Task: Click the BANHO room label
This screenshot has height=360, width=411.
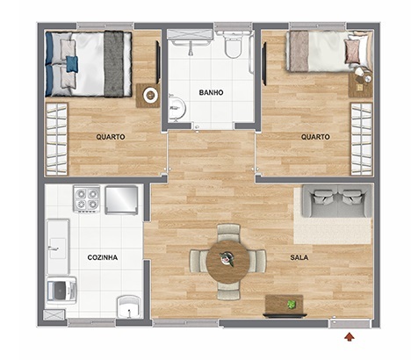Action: pos(211,92)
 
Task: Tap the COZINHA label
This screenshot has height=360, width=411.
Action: pos(103,257)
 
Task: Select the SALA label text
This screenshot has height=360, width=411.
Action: pos(299,257)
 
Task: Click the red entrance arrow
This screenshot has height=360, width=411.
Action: pos(350,336)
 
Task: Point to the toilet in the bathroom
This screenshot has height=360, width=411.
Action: pos(233,44)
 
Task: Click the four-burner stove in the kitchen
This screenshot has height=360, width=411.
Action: pos(87,199)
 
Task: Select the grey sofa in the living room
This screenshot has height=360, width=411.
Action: pos(337,201)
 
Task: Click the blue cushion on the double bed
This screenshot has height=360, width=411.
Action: pos(72,64)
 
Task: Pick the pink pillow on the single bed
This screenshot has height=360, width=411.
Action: pos(352,51)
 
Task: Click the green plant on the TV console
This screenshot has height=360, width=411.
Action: pos(291,305)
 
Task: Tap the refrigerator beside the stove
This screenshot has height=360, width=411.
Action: pos(121,200)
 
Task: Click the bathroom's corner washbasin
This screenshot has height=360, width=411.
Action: pos(177,108)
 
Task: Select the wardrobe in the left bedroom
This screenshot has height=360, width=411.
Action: pos(56,139)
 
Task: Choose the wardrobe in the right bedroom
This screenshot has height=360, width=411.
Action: pos(362,139)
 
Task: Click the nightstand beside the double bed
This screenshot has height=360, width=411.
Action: pos(148,96)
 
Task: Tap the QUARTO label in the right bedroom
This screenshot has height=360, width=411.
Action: pos(315,137)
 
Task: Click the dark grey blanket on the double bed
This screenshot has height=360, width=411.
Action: pos(113,64)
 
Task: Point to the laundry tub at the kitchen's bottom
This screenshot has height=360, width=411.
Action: pos(129,307)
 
